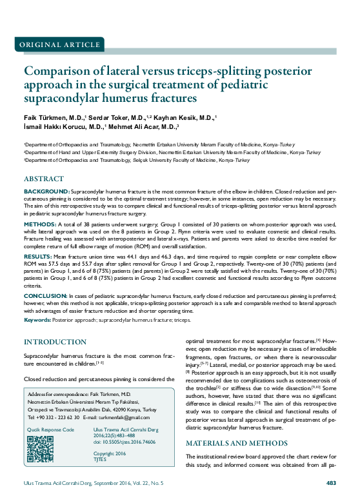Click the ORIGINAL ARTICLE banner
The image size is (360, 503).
pos(54,45)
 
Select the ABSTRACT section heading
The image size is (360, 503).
pos(45,178)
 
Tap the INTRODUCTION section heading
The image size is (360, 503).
pos(55,341)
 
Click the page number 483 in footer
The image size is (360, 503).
pos(331,482)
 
